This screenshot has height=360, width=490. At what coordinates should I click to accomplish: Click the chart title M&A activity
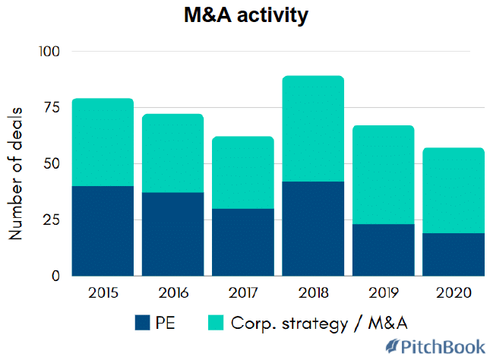245,16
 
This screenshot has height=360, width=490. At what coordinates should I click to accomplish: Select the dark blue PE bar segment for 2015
103,231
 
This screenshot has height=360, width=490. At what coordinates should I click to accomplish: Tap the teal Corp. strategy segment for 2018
313,129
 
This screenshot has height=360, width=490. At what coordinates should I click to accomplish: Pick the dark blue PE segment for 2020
454,254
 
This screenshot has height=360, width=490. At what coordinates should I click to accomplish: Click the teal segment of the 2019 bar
384,175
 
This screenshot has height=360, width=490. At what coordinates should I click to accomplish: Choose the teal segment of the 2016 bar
172,153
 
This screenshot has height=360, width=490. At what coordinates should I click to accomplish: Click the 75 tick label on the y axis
52,108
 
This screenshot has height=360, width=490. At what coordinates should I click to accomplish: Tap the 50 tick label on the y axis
51,164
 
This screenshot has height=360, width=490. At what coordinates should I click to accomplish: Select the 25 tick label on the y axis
52,220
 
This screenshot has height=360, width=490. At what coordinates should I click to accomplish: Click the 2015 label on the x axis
103,293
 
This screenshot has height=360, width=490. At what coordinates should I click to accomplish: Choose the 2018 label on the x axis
313,293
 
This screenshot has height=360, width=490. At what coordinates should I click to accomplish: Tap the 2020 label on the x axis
454,293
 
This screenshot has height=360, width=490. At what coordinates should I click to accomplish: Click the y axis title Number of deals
16,174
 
